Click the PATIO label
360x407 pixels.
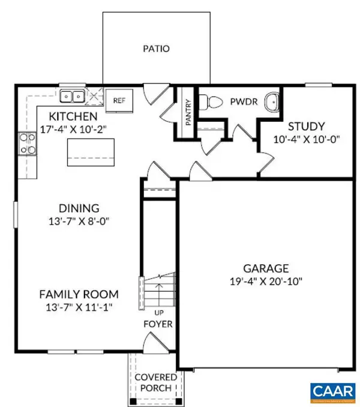155,49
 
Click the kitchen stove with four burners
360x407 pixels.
27,145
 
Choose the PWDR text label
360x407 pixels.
244,102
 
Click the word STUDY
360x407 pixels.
306,127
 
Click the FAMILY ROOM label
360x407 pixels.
79,294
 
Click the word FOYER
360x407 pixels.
158,325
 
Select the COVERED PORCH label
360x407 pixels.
155,382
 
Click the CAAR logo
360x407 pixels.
332,391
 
